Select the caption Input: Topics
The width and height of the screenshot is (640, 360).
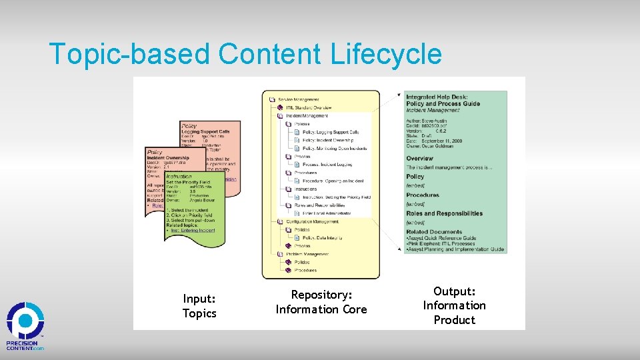click(199, 306)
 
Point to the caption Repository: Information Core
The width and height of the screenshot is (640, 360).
click(321, 302)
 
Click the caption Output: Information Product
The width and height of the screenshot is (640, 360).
click(454, 305)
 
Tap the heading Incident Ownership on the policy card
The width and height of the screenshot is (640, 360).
click(168, 158)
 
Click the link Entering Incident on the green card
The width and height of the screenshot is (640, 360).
click(199, 230)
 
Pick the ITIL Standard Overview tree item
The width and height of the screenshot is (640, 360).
click(309, 107)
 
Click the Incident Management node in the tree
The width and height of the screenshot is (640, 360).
click(307, 116)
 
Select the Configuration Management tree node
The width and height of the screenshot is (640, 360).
click(312, 221)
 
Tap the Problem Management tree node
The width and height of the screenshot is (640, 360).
click(308, 254)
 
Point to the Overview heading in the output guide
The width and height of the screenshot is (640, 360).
click(419, 159)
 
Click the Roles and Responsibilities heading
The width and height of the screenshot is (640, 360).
click(444, 213)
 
